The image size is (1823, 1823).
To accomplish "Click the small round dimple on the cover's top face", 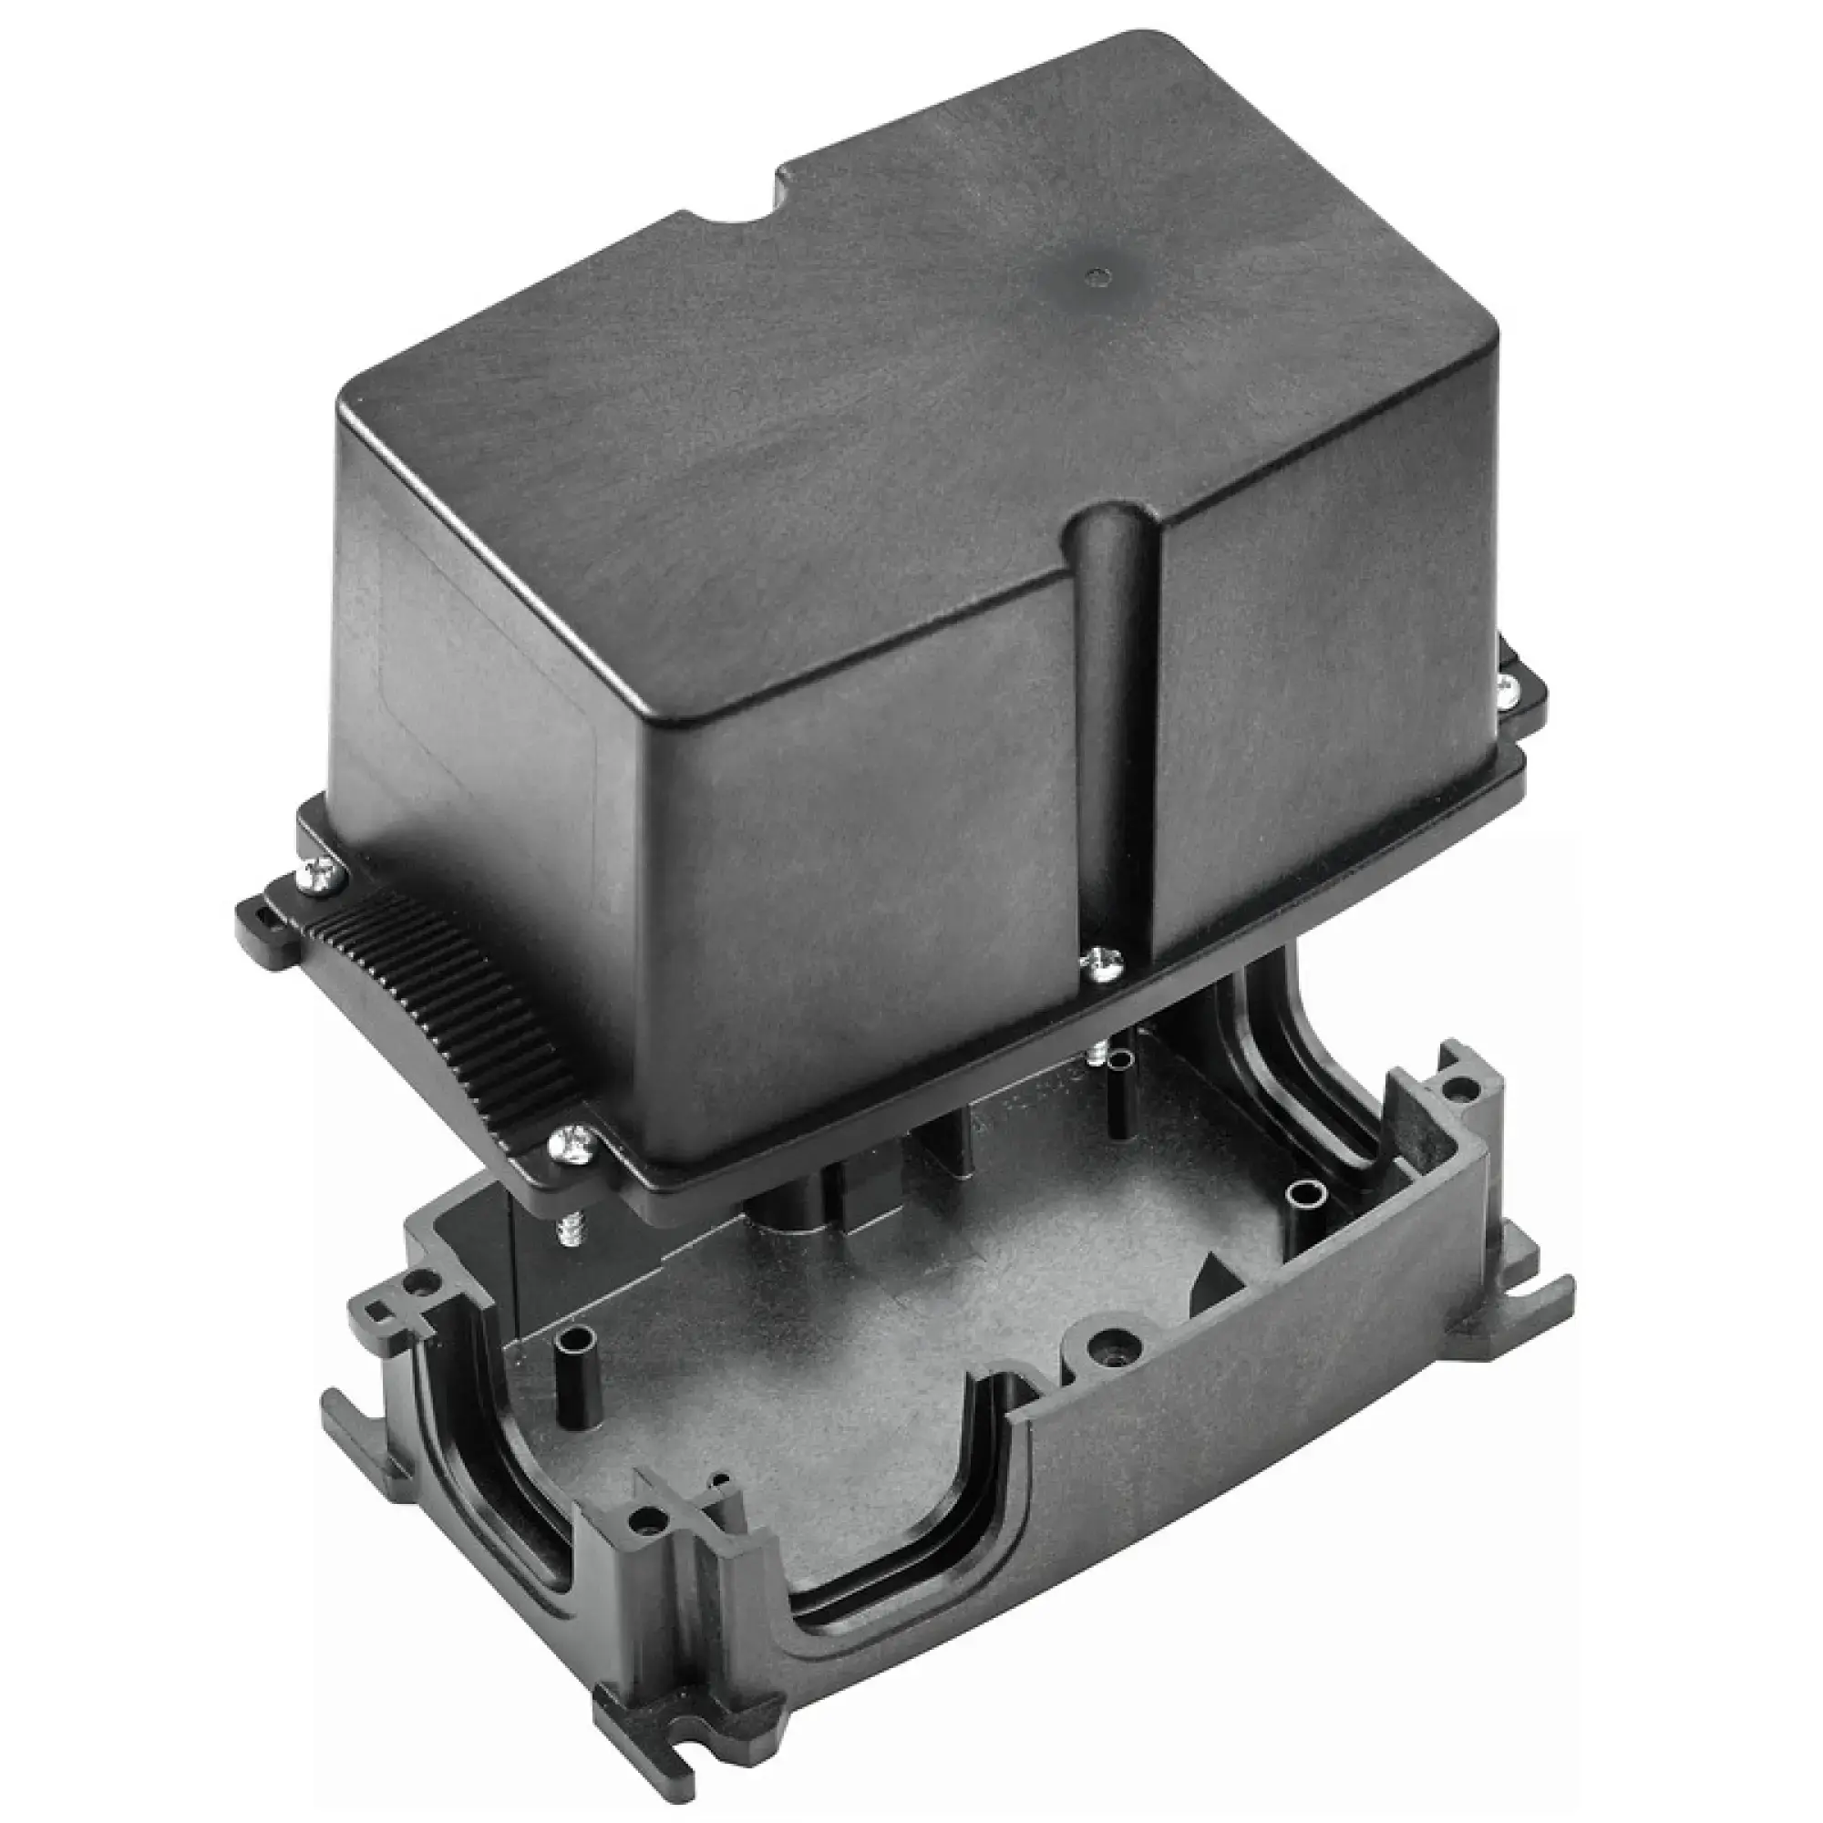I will (x=1096, y=276).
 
